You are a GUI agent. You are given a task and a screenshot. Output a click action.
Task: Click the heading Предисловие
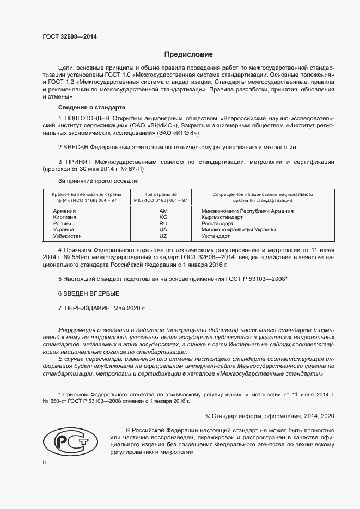(188, 54)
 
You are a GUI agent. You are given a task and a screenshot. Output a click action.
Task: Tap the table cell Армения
(64, 210)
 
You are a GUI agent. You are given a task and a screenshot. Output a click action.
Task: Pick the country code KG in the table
(163, 217)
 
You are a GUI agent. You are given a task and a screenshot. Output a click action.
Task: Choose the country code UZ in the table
(163, 236)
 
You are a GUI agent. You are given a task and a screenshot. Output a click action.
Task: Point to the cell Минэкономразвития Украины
(238, 230)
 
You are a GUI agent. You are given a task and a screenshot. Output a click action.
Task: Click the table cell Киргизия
(64, 217)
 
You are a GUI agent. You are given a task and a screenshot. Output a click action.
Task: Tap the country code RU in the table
(163, 223)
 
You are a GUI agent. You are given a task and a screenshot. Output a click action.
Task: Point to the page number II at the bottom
(44, 462)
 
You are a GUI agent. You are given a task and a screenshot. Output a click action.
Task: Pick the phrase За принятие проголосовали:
(98, 180)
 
